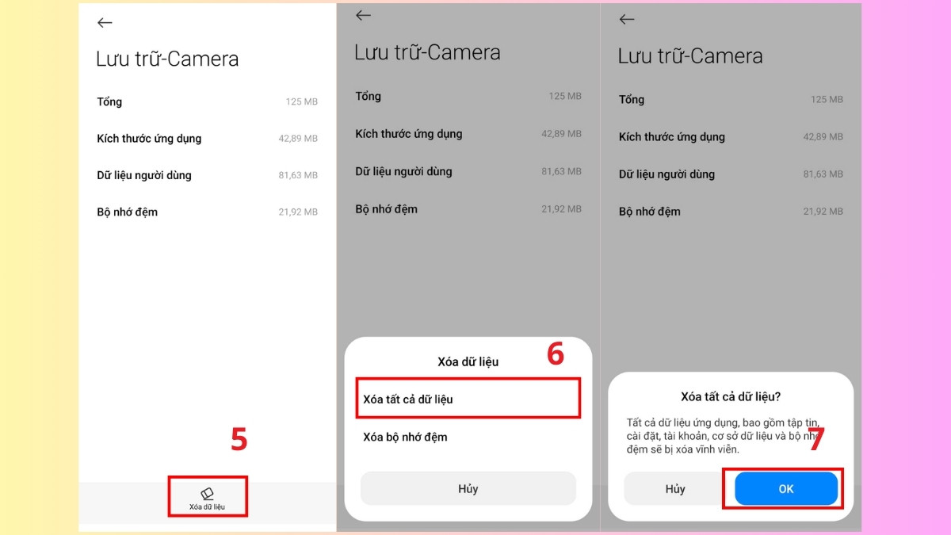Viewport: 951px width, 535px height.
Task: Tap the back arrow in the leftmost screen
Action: click(105, 23)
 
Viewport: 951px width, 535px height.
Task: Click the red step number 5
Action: click(239, 440)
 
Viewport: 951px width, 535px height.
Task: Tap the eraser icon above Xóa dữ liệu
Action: click(207, 493)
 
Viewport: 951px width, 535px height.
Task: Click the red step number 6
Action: click(556, 354)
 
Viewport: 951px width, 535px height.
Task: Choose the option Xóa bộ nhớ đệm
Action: click(405, 437)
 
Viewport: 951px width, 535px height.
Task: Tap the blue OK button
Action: click(785, 489)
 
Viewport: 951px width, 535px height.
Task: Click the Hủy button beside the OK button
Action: click(675, 489)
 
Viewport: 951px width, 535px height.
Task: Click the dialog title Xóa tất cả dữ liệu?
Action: click(731, 396)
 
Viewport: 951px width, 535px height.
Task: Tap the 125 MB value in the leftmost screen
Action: click(301, 102)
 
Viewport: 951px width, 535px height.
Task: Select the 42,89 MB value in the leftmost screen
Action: click(297, 139)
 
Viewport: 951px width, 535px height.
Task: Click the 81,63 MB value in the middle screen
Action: click(561, 172)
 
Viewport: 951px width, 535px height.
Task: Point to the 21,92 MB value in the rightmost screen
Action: click(823, 212)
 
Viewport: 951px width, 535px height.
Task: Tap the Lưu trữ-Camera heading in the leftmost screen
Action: click(167, 59)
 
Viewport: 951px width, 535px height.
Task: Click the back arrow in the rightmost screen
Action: click(627, 20)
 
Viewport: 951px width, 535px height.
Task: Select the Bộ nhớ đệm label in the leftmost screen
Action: click(127, 212)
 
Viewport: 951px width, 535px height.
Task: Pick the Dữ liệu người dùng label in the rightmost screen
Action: click(666, 174)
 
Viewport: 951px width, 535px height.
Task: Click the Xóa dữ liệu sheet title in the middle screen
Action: click(468, 361)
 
